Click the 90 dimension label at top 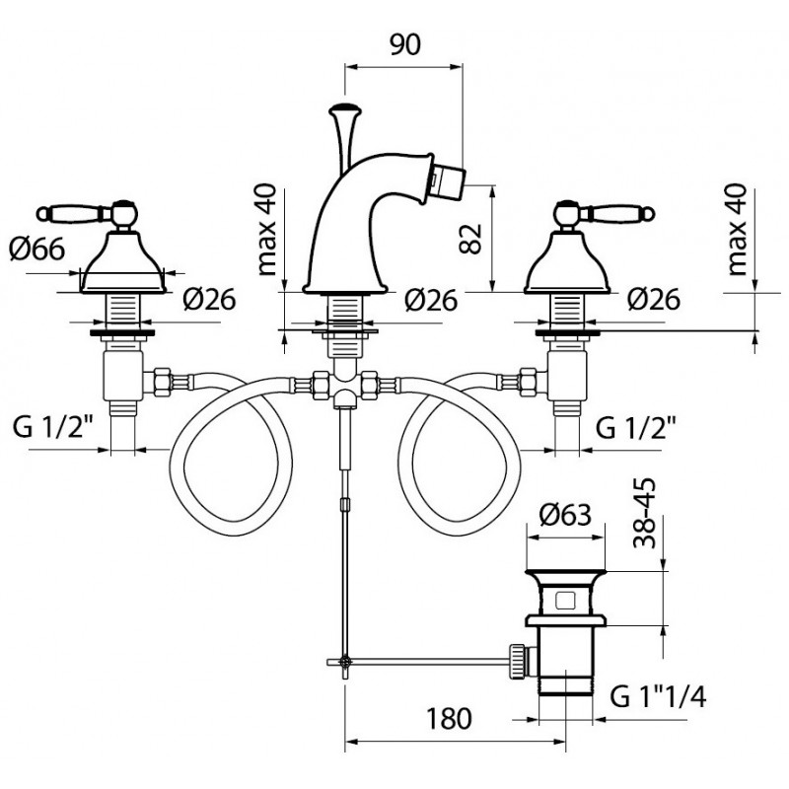405,44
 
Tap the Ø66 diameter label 37,249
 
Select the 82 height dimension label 471,239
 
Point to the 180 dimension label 449,719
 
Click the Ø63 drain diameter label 565,515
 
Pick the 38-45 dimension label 645,512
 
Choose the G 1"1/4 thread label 658,697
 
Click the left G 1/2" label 53,428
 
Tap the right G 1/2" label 635,428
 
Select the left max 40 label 266,230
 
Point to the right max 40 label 737,230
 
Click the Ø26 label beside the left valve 209,300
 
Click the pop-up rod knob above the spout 344,109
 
